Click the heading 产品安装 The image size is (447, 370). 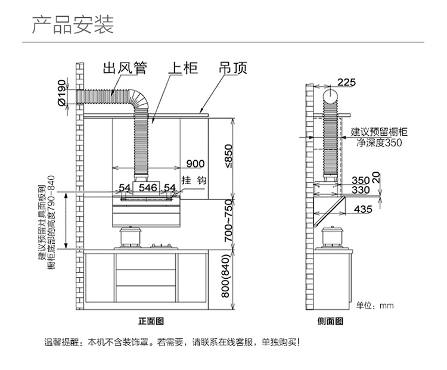(73, 25)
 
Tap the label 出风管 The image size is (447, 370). (125, 69)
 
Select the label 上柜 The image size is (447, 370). (183, 69)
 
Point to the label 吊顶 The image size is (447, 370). (233, 69)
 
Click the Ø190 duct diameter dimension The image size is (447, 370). (61, 92)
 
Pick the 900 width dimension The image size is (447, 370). (195, 164)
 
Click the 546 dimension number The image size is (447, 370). (148, 188)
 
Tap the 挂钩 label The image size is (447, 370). (194, 180)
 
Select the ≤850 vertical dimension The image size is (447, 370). (229, 157)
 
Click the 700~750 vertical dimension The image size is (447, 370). (229, 221)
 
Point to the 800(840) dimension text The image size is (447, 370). (225, 276)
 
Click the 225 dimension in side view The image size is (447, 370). (347, 82)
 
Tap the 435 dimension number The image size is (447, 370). (363, 210)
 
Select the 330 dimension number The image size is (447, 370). (361, 190)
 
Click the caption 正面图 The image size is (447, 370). (151, 322)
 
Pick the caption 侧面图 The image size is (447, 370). (330, 322)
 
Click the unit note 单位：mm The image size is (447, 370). (375, 306)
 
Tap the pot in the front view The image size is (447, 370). (130, 237)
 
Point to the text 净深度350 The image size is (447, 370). (379, 142)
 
